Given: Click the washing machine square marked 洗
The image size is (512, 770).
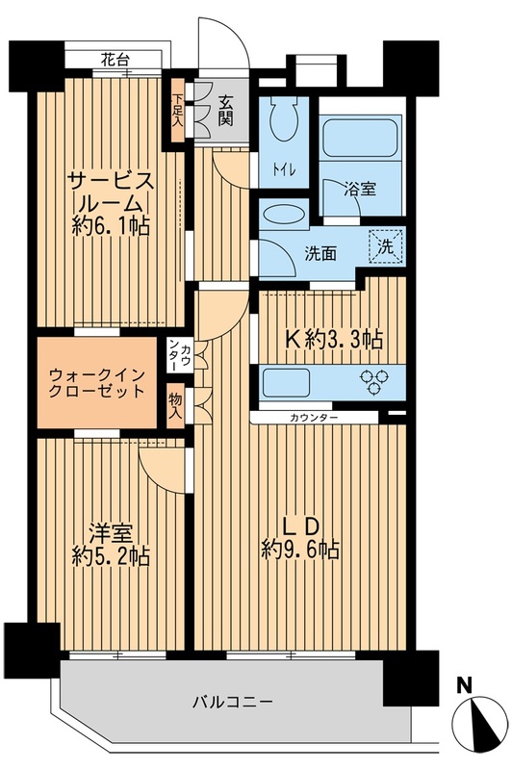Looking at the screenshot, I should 386,246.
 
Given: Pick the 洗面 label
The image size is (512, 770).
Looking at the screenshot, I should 320,255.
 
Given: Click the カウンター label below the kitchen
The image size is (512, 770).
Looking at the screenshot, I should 314,418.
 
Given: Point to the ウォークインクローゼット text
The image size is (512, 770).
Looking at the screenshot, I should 98,382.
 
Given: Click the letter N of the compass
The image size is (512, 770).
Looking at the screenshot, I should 464,685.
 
